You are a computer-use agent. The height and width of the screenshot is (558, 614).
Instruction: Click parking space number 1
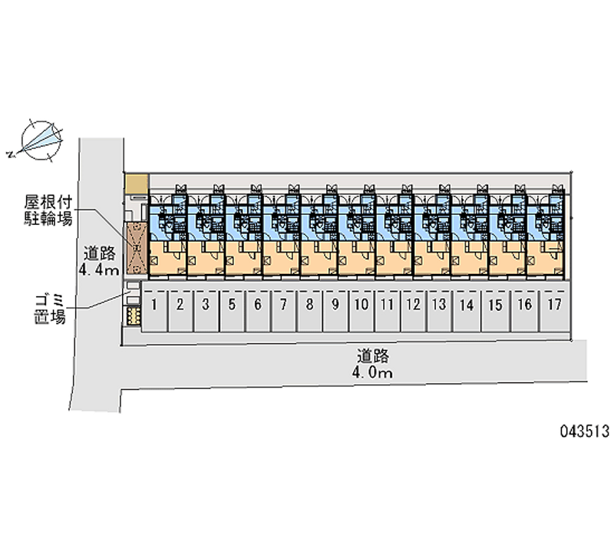154,305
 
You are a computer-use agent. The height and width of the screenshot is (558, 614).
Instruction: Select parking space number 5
232,305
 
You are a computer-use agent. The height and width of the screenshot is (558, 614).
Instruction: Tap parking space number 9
335,305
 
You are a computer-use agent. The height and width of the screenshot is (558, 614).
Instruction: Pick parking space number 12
413,305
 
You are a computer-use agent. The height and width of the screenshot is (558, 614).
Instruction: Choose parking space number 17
554,305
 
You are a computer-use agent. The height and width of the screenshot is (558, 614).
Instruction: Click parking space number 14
465,305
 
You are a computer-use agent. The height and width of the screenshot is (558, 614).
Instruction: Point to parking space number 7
283,305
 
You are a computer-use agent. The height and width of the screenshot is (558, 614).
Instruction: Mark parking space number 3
206,305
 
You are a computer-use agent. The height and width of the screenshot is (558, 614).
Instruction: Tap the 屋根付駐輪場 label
48,210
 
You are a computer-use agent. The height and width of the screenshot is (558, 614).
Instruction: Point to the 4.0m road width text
374,374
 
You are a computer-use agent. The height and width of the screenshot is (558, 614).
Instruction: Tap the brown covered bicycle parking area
137,248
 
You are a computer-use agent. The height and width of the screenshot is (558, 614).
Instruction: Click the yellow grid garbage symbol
133,315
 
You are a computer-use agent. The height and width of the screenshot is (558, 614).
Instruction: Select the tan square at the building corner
136,183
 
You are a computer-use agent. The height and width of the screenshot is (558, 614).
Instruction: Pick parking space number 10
361,305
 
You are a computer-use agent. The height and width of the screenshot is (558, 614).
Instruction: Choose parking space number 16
525,305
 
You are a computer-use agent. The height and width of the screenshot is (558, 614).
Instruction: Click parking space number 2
180,305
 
